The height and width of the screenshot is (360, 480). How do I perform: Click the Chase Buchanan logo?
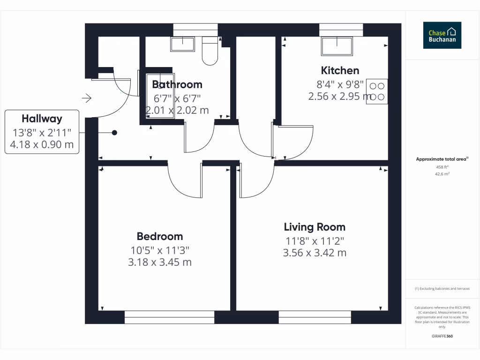pyautogui.click(x=442, y=35)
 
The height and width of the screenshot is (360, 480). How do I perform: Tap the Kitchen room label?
pyautogui.click(x=340, y=71)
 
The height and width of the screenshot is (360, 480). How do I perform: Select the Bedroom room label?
pyautogui.click(x=160, y=236)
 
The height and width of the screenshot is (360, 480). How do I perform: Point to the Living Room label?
pyautogui.click(x=315, y=227)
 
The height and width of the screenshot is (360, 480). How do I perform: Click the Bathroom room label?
pyautogui.click(x=177, y=85)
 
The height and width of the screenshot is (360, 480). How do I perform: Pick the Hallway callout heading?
pyautogui.click(x=42, y=119)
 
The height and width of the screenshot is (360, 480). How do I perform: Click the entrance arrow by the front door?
pyautogui.click(x=87, y=98)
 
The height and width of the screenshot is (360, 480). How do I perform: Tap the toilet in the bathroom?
pyautogui.click(x=209, y=52)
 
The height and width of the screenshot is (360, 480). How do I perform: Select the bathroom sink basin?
pyautogui.click(x=182, y=45)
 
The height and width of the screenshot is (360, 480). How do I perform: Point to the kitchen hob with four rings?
pyautogui.click(x=377, y=91)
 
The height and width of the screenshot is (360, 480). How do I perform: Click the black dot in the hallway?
pyautogui.click(x=114, y=133)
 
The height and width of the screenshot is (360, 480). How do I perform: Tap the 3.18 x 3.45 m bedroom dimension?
pyautogui.click(x=160, y=262)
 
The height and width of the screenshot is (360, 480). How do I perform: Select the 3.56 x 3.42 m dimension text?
pyautogui.click(x=315, y=253)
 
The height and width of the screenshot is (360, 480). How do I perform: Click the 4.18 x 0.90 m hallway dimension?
pyautogui.click(x=42, y=144)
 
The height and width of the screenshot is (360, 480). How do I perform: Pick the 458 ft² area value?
pyautogui.click(x=442, y=167)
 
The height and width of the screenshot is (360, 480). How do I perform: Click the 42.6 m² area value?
pyautogui.click(x=442, y=174)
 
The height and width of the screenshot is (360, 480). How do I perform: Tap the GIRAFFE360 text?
pyautogui.click(x=442, y=336)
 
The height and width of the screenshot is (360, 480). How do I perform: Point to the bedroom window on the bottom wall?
pyautogui.click(x=169, y=317)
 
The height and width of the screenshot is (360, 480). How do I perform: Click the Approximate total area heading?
pyautogui.click(x=442, y=159)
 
